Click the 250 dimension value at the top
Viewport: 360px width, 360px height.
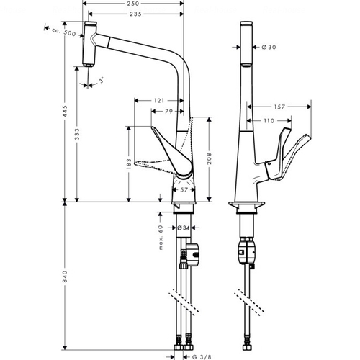pos(133,4)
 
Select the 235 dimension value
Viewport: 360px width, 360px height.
pos(135,14)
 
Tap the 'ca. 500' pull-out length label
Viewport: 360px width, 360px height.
pos(63,32)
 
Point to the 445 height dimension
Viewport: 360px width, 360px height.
pos(65,111)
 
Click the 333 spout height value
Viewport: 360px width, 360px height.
pos(77,135)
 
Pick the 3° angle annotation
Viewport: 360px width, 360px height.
pos(102,79)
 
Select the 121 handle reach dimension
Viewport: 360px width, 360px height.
pos(159,101)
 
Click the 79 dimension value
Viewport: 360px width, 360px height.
pos(168,112)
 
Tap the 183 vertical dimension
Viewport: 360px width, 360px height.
pos(129,163)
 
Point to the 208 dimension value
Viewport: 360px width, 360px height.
pos(210,158)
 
